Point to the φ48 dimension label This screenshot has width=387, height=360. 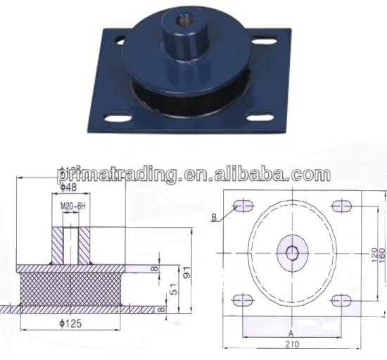coord(69,187)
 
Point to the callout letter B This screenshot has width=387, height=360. coord(214,217)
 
